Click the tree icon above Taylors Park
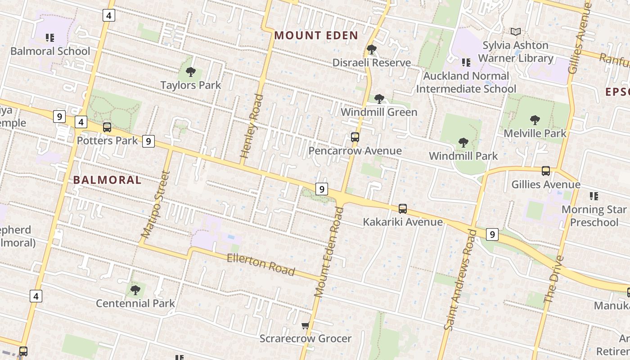(191, 72)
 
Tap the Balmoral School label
(50, 51)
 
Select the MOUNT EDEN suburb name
(316, 36)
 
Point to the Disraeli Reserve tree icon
(371, 49)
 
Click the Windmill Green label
(379, 112)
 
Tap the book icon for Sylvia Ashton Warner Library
(515, 32)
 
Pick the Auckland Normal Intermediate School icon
(466, 62)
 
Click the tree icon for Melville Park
(535, 120)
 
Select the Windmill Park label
(463, 156)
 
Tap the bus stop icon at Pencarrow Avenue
(355, 137)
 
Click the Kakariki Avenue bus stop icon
(403, 209)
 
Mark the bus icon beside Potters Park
(107, 127)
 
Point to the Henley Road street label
(252, 126)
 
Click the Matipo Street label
(155, 205)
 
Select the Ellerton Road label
(261, 264)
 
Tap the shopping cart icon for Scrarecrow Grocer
(306, 325)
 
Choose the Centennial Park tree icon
(135, 290)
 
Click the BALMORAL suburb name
(107, 180)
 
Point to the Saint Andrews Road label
(460, 280)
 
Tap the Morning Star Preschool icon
(594, 196)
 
